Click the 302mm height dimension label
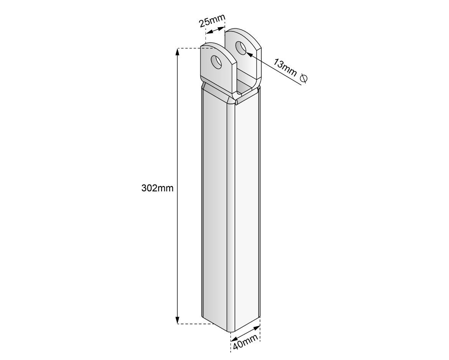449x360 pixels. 157,188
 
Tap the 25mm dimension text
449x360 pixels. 212,20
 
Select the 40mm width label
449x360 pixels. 245,342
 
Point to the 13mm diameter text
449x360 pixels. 285,67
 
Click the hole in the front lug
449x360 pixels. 216,62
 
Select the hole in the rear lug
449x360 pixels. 241,48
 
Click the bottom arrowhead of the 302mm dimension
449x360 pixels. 178,320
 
